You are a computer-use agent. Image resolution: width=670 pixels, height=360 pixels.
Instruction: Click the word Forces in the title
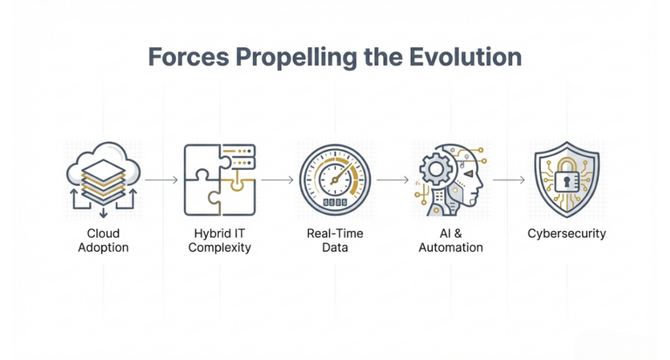188,57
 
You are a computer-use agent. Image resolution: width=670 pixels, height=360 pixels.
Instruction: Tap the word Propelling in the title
296,58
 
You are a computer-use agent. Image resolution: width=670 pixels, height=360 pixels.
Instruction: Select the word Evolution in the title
465,57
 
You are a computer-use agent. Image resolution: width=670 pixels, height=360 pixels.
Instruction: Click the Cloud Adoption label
103,240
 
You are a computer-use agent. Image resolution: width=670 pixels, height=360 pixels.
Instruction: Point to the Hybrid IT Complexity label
219,241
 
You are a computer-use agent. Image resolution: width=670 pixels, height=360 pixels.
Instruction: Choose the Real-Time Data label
335,240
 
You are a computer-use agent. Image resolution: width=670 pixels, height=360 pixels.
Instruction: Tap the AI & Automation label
451,240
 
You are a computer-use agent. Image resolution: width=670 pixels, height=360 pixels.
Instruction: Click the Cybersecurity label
567,234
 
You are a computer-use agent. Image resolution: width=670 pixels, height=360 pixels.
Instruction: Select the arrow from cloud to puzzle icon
162,180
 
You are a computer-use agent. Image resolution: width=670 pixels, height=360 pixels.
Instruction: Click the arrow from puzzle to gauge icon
277,180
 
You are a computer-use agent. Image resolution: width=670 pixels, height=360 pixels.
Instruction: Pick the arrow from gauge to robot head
393,180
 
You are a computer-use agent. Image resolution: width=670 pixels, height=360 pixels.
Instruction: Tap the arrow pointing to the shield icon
509,180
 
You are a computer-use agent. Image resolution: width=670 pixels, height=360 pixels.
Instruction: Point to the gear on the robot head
436,170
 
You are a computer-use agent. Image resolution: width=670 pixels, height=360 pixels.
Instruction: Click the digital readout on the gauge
335,202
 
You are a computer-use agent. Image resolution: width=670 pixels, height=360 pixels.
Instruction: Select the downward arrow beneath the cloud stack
103,213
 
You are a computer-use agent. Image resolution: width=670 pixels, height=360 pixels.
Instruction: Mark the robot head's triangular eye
468,173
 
